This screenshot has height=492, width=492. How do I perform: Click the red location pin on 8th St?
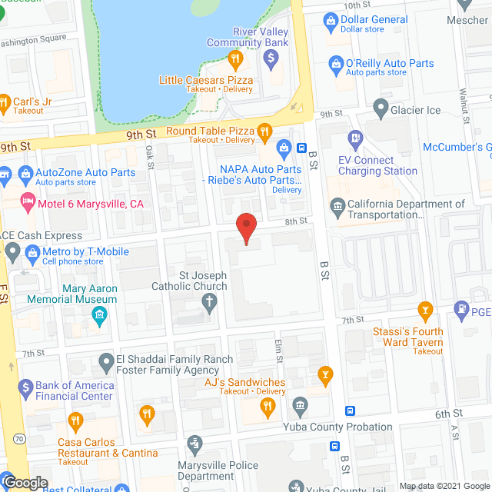tap(245, 228)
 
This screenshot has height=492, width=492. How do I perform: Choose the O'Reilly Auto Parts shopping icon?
tap(335, 63)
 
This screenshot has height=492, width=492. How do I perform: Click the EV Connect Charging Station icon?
tap(355, 139)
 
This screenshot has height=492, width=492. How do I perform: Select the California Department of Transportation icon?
tap(337, 206)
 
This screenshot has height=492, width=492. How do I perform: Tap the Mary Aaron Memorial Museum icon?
tap(99, 315)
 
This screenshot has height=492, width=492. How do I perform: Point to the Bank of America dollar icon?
tap(25, 387)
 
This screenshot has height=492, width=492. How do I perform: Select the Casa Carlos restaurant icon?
tap(75, 421)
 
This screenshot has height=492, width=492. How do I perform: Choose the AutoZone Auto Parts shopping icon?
tap(28, 173)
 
